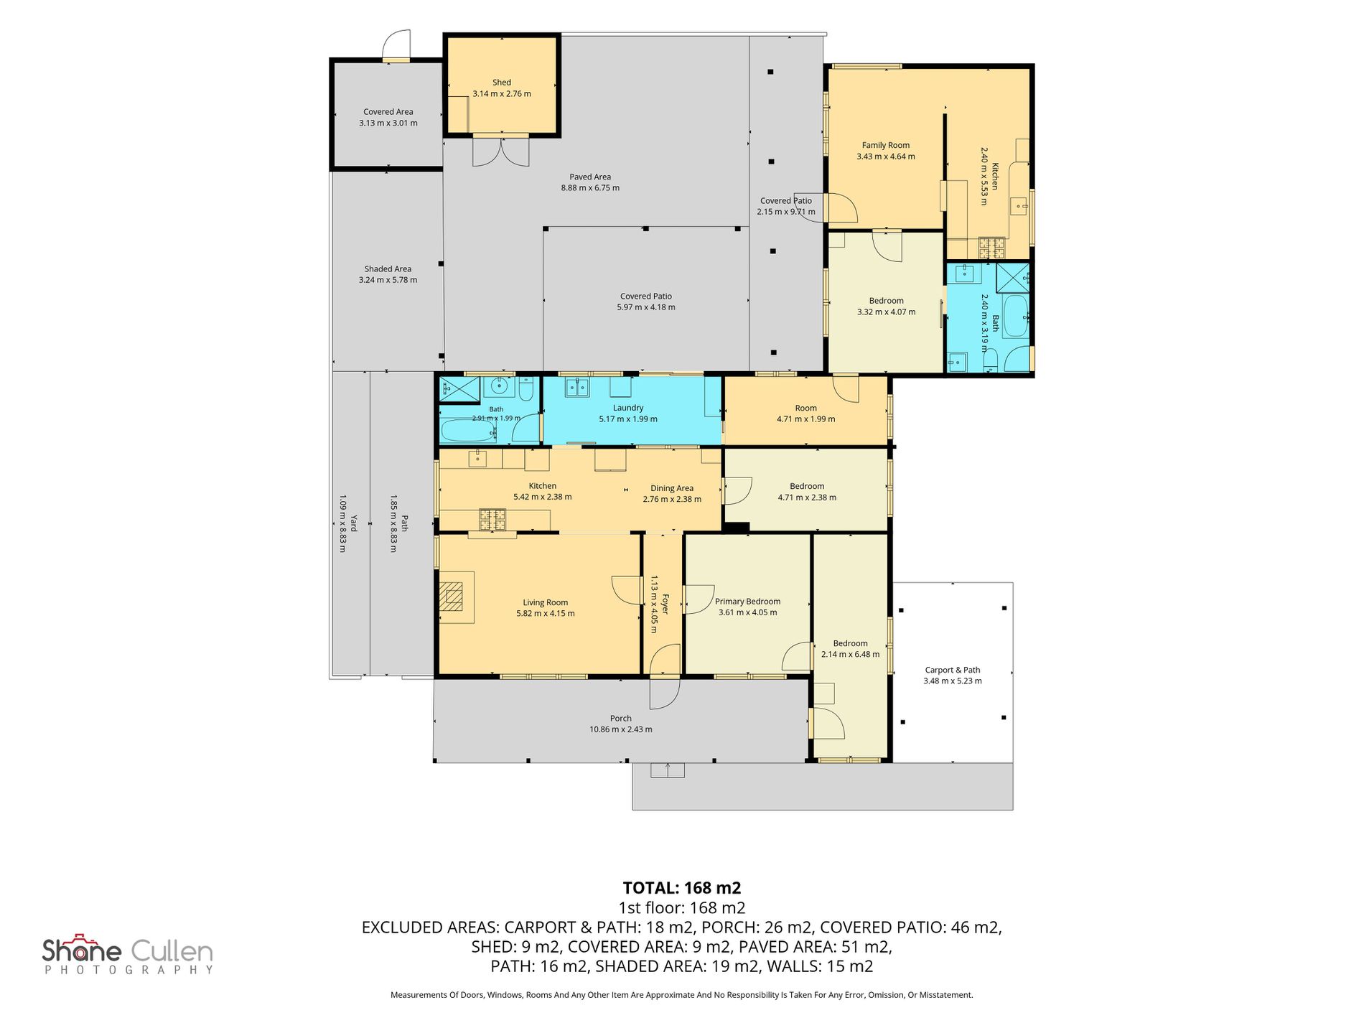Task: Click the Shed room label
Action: click(x=502, y=83)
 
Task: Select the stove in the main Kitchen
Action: click(x=492, y=519)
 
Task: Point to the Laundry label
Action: click(x=628, y=408)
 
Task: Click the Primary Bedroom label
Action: click(x=747, y=602)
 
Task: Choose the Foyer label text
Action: click(x=665, y=604)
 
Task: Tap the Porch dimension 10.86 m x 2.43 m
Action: click(x=621, y=729)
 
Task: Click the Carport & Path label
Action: click(x=952, y=670)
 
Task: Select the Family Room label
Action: click(x=886, y=145)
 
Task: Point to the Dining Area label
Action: click(x=672, y=488)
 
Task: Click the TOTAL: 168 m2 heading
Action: click(x=681, y=888)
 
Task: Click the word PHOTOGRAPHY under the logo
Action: click(x=129, y=970)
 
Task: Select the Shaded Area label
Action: click(x=388, y=269)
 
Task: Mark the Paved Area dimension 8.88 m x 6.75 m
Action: click(x=590, y=188)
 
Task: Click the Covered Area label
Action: click(x=388, y=112)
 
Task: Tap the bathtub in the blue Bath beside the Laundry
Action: click(x=469, y=431)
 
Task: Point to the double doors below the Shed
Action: click(x=501, y=151)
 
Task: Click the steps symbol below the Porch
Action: click(x=668, y=770)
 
